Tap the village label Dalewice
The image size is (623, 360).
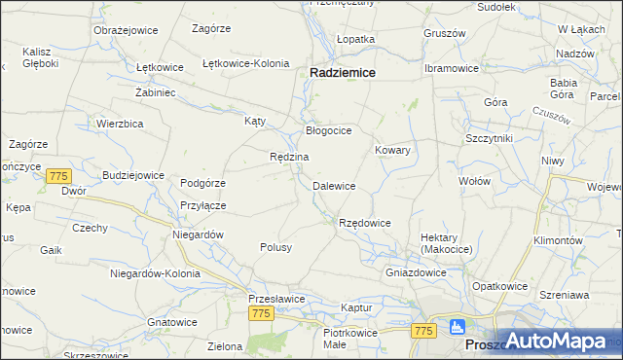tap(333, 186)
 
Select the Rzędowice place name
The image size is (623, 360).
tap(364, 223)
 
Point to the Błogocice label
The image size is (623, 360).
tap(328, 130)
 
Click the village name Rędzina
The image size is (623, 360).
tap(289, 157)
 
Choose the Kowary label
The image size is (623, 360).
tap(392, 151)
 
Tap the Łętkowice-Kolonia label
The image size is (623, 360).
tap(245, 63)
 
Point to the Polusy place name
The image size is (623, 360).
tap(275, 247)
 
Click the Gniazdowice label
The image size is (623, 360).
tap(416, 272)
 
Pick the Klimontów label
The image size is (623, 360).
tap(558, 240)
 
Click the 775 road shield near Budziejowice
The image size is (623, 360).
tap(58, 176)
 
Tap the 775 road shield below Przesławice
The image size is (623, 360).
tap(260, 313)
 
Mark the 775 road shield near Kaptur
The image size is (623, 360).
tap(421, 332)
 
